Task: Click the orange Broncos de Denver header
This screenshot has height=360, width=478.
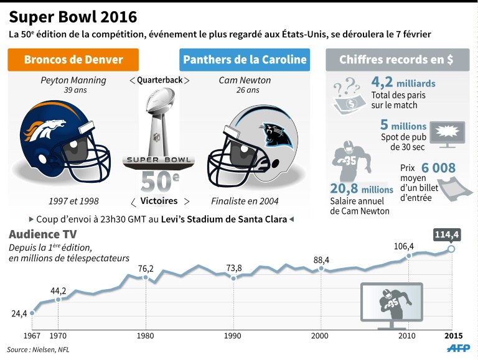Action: click(x=73, y=60)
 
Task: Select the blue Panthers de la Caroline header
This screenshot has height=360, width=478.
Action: click(x=245, y=60)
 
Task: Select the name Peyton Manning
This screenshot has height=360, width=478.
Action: click(x=73, y=80)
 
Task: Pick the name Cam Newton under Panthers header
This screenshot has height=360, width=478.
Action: click(x=245, y=80)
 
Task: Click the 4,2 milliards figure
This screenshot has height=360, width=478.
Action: click(x=403, y=83)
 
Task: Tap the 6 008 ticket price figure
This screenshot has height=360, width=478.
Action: click(x=438, y=168)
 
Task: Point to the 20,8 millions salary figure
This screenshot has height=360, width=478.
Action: click(x=361, y=189)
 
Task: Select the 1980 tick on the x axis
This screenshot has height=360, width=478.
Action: click(x=146, y=336)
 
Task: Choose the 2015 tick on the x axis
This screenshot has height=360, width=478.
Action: click(x=452, y=336)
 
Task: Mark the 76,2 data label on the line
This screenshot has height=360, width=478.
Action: click(x=146, y=269)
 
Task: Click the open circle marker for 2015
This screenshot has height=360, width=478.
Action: click(x=452, y=249)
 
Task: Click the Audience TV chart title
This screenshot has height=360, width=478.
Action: click(x=42, y=234)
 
